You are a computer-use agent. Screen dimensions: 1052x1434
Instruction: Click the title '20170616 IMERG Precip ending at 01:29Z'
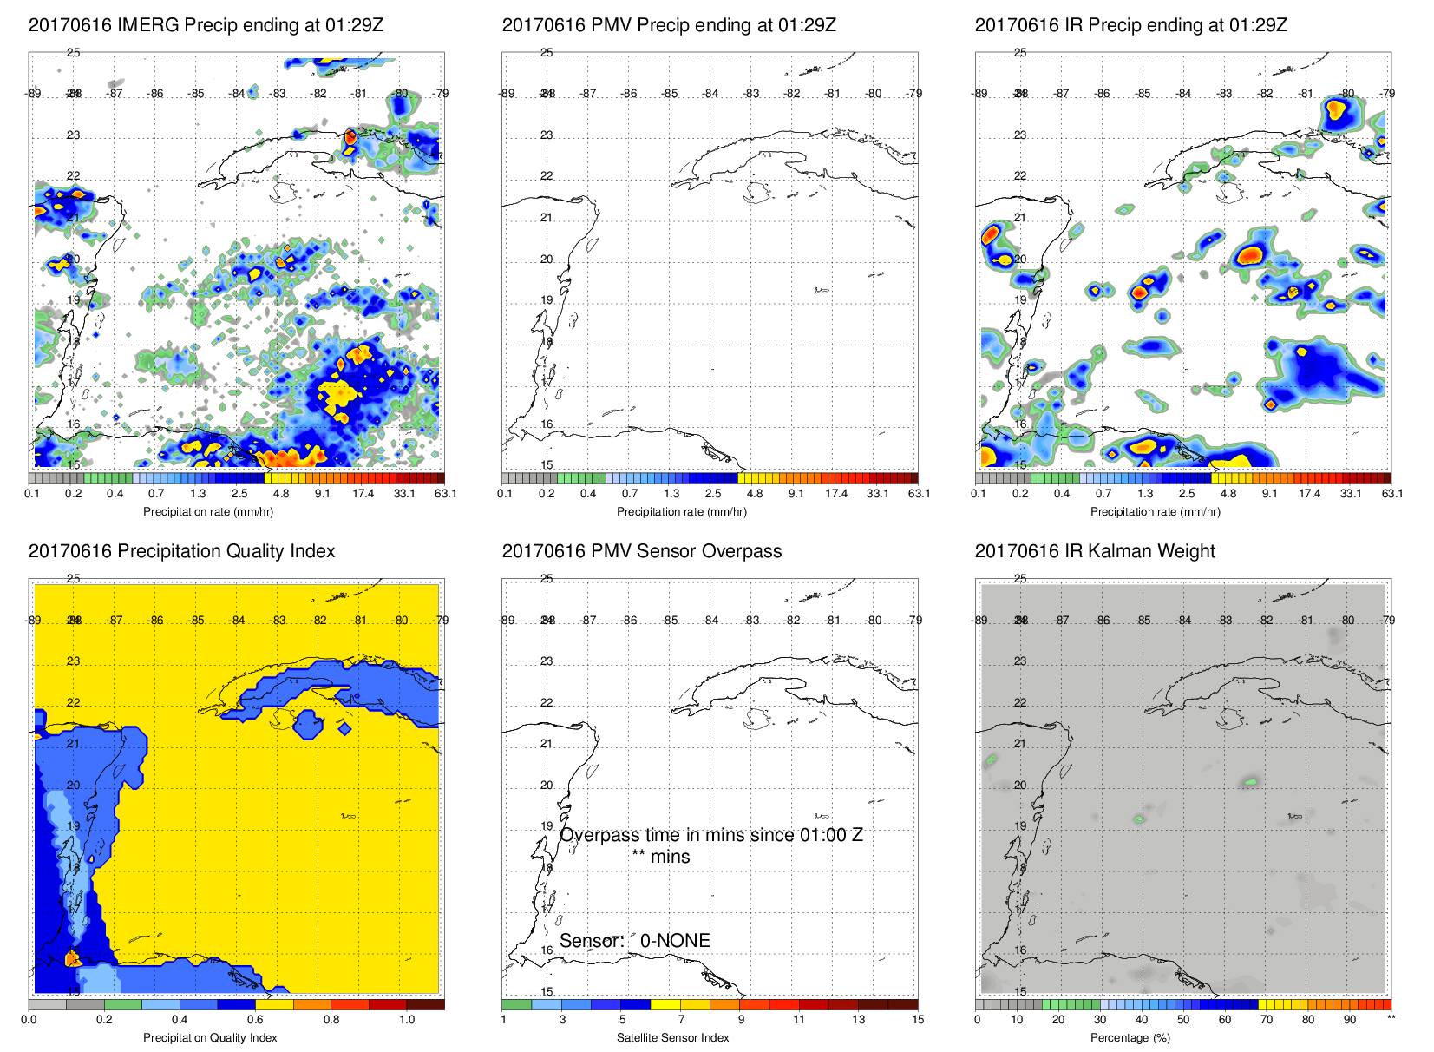206,25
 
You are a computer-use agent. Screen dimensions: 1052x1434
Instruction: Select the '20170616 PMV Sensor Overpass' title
641,551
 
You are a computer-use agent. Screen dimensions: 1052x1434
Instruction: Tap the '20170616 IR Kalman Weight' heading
1095,551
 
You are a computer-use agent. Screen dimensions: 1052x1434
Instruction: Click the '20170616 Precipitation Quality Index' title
181,551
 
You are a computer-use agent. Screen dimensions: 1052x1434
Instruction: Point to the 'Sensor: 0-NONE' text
634,941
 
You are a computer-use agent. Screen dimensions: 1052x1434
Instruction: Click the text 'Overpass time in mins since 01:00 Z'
710,835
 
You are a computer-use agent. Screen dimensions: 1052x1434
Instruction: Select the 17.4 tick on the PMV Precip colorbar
836,494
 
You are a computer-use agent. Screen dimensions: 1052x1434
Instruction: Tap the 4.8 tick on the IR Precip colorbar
1228,494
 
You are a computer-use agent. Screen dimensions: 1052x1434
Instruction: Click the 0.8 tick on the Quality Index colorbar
331,1020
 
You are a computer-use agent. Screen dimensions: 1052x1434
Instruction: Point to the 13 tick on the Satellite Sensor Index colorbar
858,1020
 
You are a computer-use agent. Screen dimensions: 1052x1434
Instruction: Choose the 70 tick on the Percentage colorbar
1267,1020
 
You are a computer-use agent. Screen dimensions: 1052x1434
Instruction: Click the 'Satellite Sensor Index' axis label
672,1038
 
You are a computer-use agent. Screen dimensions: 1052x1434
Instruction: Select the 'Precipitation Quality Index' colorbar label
210,1038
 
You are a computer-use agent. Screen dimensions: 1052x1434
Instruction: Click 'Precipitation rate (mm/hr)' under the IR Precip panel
1155,512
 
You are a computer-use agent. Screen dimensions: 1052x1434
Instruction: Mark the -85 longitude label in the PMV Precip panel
670,94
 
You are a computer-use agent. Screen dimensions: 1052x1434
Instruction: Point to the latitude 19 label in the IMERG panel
74,300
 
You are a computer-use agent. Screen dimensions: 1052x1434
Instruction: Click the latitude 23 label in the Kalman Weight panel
1020,661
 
